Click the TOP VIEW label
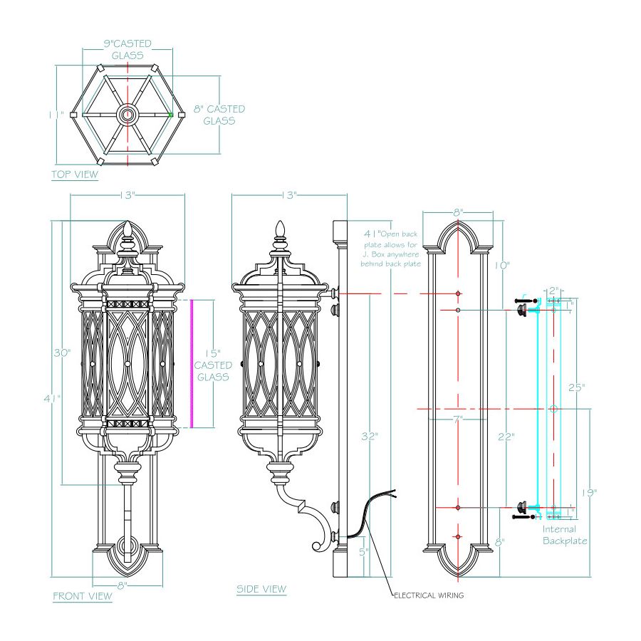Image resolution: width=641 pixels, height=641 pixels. [x=75, y=174]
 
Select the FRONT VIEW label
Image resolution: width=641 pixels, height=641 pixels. [x=83, y=595]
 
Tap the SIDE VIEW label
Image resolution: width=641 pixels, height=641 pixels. [x=261, y=589]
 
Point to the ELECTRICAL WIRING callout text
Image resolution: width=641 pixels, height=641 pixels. [x=429, y=595]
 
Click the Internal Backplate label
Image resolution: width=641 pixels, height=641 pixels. [x=565, y=535]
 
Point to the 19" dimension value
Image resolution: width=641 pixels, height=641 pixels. [x=588, y=492]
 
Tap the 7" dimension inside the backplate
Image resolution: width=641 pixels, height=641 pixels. [x=457, y=419]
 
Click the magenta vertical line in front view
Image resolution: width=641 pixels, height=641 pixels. [x=191, y=363]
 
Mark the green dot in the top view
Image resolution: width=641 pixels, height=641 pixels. [x=171, y=114]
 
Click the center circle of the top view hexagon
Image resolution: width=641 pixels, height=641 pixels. [x=128, y=114]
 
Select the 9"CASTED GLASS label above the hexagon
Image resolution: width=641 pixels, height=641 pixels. [x=127, y=48]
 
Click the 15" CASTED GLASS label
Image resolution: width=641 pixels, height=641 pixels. [x=212, y=365]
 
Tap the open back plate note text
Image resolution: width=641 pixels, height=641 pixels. [x=392, y=249]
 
